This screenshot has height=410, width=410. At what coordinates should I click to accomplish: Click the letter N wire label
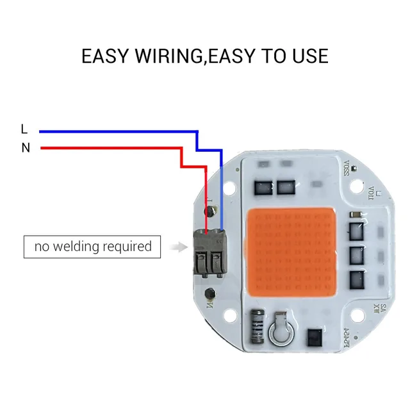click(26, 148)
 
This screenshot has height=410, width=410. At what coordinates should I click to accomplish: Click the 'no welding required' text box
click(92, 246)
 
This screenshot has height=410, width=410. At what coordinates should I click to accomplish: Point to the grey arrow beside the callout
click(180, 246)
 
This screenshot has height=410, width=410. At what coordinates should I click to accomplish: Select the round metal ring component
click(281, 331)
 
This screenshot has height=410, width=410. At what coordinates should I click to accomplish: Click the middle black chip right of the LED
click(356, 253)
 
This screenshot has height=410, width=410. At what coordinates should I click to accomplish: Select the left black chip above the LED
click(263, 188)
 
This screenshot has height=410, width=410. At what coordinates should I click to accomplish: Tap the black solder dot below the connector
click(209, 293)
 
